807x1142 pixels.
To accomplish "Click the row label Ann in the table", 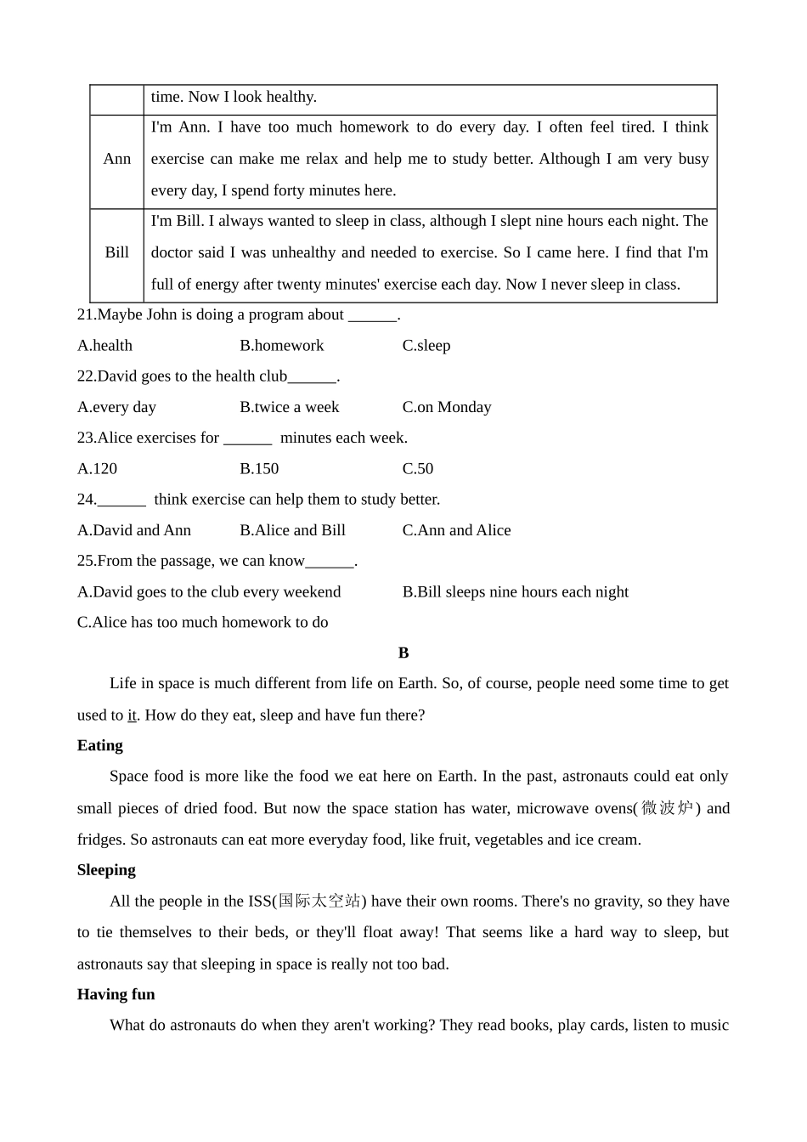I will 117,159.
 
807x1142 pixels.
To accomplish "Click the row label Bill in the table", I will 117,252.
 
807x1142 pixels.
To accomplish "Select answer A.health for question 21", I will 104,346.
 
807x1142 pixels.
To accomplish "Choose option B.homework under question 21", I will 281,346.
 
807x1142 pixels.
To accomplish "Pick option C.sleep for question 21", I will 426,346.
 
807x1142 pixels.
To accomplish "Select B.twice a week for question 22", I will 289,407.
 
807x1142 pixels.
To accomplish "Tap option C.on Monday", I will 447,407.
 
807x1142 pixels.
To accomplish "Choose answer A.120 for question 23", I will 97,469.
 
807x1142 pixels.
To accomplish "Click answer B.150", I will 259,469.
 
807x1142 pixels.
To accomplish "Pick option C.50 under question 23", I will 418,469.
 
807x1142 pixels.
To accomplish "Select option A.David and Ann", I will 134,530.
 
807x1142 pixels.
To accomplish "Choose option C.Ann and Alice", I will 456,530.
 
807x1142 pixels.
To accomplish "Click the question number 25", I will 86,561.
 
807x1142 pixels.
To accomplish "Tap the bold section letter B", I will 403,653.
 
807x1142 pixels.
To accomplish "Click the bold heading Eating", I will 100,745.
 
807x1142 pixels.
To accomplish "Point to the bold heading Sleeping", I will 106,870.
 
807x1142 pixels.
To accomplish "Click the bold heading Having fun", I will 116,994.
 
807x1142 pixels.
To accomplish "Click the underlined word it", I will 132,715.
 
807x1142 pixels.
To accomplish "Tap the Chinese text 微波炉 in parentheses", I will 668,808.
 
